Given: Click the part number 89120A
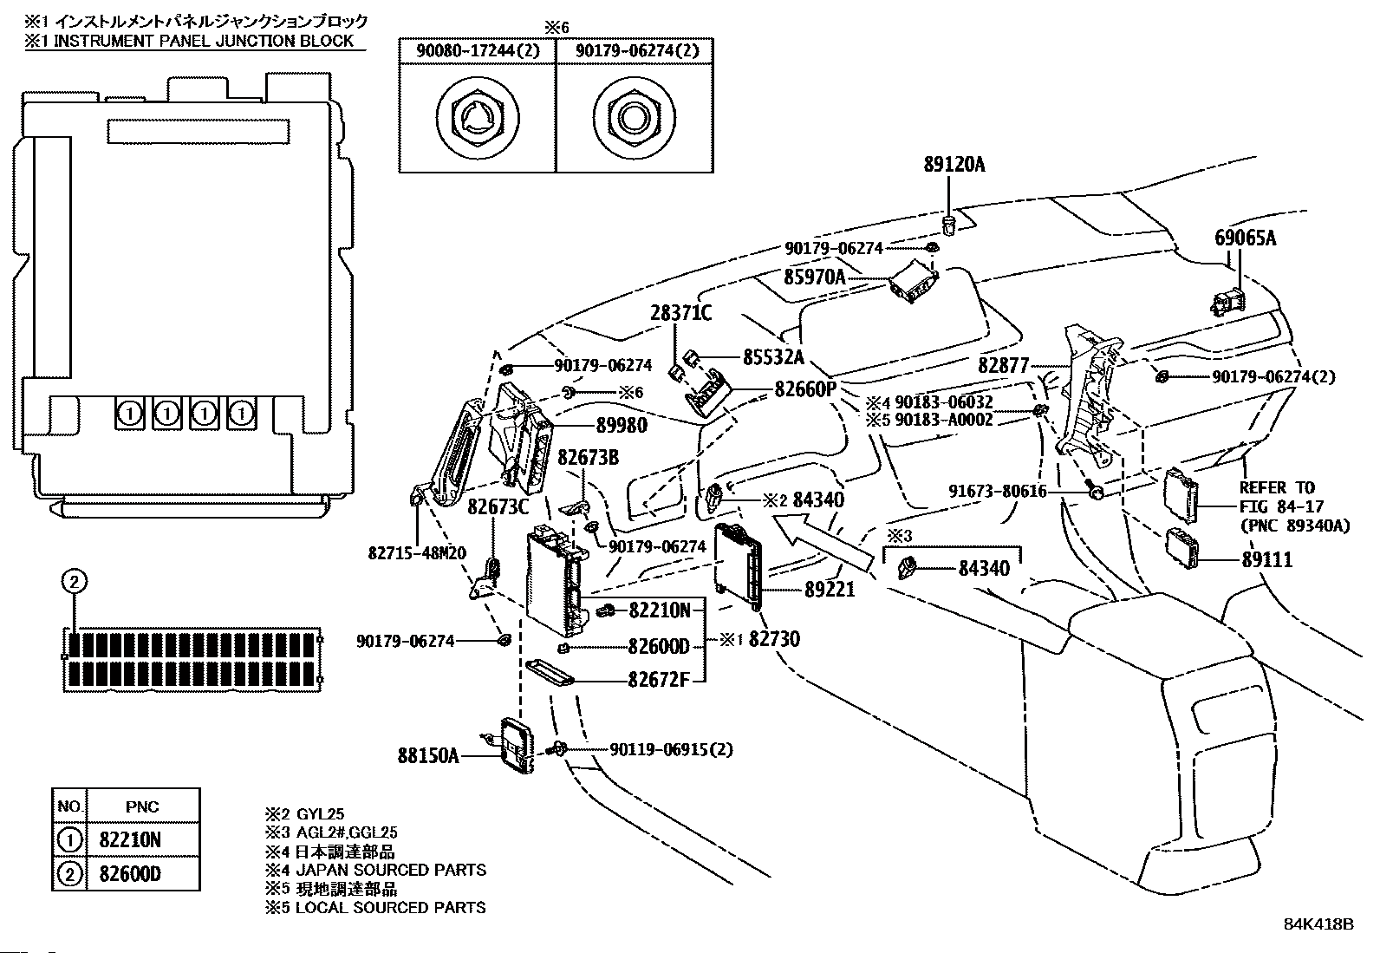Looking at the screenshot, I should [x=954, y=164].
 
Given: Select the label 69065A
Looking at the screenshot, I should [x=1244, y=238].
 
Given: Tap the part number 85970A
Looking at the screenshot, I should [x=814, y=277].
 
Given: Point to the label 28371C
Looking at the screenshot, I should [x=681, y=313].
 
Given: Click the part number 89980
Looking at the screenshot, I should [x=622, y=426].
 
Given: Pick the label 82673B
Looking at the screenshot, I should [x=588, y=457].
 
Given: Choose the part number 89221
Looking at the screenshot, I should [x=829, y=590].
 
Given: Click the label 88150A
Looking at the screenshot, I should [x=428, y=755].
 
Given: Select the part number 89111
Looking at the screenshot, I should [x=1266, y=560].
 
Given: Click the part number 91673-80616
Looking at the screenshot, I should [x=996, y=492].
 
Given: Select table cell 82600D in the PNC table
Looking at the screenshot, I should [x=130, y=874].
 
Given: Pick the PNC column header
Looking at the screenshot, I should [x=142, y=806].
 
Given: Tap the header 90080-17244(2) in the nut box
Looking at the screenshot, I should [x=477, y=51].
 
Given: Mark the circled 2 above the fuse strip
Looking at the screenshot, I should [x=75, y=582].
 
